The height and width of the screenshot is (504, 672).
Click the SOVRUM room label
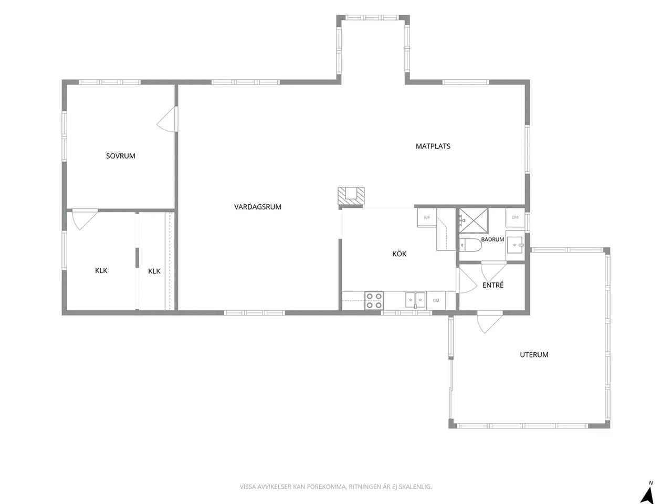[120, 156]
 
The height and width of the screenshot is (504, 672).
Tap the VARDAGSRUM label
[257, 207]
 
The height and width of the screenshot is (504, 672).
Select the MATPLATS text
[433, 146]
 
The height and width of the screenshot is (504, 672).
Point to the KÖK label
[399, 254]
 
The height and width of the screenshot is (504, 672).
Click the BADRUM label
[492, 239]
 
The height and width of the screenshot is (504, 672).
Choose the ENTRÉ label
[493, 285]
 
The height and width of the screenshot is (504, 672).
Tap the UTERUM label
[534, 355]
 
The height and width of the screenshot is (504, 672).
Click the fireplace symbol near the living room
[351, 196]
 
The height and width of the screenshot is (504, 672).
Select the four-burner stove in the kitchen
[374, 300]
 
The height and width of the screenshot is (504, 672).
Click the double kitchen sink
[415, 300]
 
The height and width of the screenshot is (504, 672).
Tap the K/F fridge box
[427, 217]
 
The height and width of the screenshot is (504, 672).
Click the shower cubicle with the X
[474, 220]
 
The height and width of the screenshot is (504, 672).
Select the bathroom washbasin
[516, 245]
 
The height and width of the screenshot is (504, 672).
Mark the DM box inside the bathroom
[515, 217]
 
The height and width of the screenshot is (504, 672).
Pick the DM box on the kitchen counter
[436, 300]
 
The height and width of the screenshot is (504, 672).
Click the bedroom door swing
[167, 119]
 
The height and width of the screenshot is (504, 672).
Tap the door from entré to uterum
[490, 322]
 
